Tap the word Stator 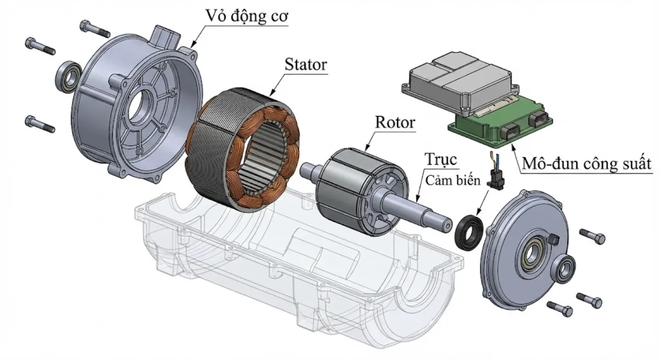pos(306,64)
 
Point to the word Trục pos(441,160)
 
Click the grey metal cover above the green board pos(459,82)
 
